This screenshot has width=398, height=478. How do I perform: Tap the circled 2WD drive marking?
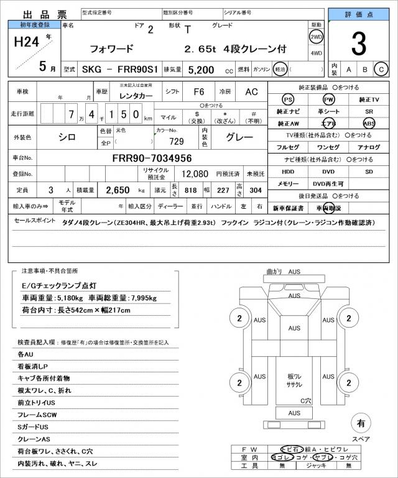point(316,37)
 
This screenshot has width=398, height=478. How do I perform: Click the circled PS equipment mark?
point(287,99)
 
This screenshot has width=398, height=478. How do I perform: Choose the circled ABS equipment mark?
point(369,123)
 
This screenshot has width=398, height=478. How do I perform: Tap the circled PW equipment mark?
point(328,99)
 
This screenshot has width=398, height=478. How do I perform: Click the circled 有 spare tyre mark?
point(360,423)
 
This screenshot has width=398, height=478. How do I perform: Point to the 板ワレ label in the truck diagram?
point(295,377)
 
